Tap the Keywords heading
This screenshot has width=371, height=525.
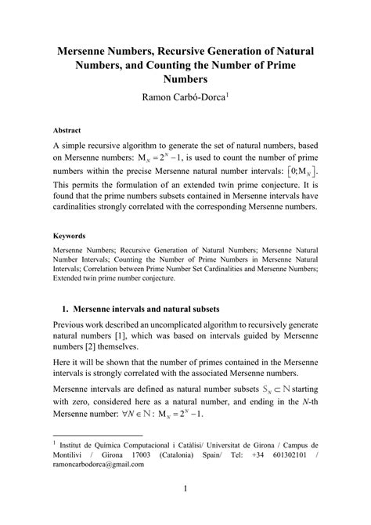coord(70,235)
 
